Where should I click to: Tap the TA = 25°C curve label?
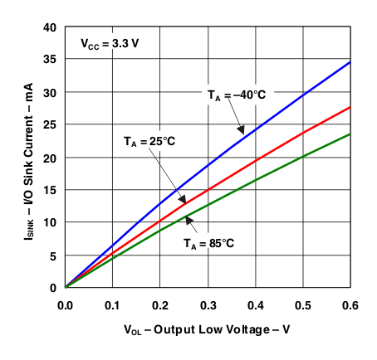click(x=144, y=142)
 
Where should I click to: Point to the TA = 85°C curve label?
click(x=208, y=244)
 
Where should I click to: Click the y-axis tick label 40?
click(x=49, y=27)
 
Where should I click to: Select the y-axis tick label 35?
click(x=49, y=60)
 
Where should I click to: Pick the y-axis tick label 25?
click(x=49, y=125)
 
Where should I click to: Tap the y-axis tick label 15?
click(x=49, y=190)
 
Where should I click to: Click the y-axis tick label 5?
click(x=52, y=255)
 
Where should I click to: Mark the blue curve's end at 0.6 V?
click(x=350, y=62)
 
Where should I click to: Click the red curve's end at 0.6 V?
click(x=350, y=107)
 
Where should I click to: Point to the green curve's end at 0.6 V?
click(x=350, y=134)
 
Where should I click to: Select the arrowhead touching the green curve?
click(x=188, y=218)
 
